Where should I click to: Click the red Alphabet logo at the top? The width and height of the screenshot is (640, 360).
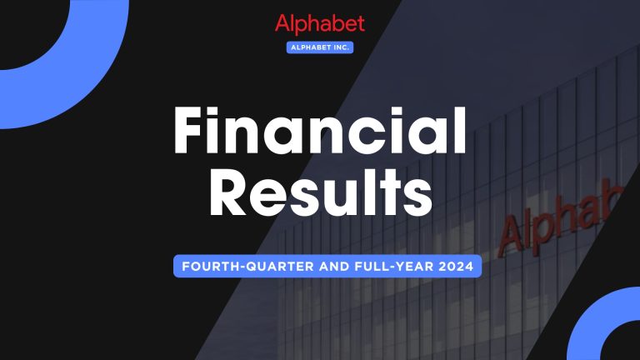tap(320, 24)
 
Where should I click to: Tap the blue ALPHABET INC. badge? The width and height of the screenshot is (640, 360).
tap(320, 47)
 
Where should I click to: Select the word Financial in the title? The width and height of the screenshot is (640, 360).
tap(319, 133)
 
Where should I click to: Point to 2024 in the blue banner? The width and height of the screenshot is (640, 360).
tap(457, 267)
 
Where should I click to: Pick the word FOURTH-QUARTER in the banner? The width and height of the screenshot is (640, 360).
tap(235, 267)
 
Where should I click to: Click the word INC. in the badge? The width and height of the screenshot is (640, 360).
tap(339, 47)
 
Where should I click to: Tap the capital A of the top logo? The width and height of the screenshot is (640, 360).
tap(282, 24)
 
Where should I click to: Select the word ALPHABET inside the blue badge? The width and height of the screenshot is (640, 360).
tap(312, 47)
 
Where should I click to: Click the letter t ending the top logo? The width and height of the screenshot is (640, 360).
tap(360, 24)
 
